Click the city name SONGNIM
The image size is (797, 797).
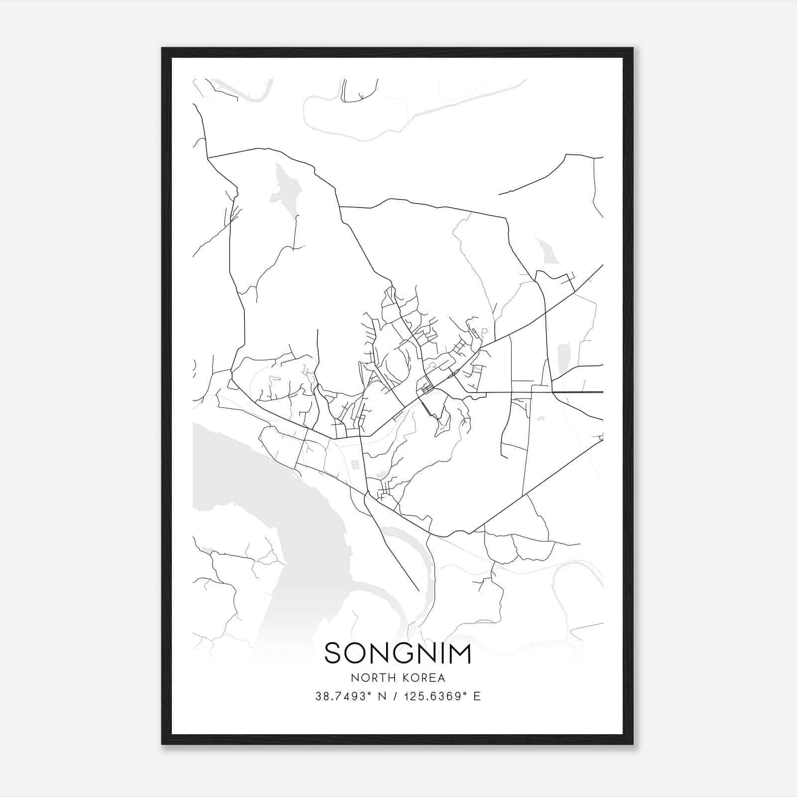(x=398, y=653)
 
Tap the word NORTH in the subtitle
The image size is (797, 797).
(x=369, y=678)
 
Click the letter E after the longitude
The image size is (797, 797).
(x=477, y=696)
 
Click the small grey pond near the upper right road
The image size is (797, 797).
(x=548, y=252)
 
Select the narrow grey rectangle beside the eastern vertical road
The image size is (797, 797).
(x=563, y=359)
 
